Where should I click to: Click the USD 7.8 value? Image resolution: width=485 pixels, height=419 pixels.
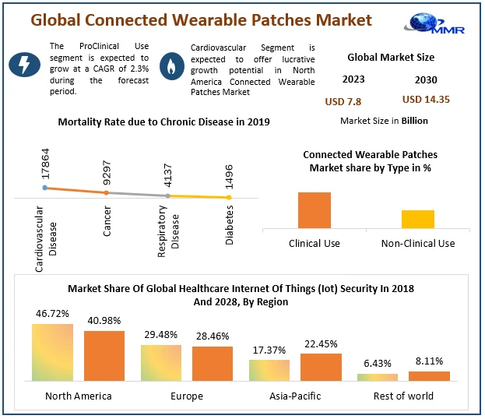(343, 101)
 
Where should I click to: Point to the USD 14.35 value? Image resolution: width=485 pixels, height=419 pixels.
(426, 99)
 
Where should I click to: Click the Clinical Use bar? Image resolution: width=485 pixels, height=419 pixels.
(315, 210)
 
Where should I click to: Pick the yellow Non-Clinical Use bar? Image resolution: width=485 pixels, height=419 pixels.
(418, 219)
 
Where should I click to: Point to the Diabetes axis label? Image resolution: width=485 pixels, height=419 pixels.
(230, 225)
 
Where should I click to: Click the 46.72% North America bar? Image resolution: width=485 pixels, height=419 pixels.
(52, 352)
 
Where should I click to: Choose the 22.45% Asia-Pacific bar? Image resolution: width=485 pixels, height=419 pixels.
(321, 367)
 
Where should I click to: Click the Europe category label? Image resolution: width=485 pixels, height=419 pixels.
(187, 396)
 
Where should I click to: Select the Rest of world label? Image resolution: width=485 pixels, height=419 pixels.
(403, 396)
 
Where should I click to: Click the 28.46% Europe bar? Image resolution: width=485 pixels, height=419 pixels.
(213, 364)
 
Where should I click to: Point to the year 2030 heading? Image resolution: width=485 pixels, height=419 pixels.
(426, 79)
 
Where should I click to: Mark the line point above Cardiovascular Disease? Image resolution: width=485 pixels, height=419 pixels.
(46, 188)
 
